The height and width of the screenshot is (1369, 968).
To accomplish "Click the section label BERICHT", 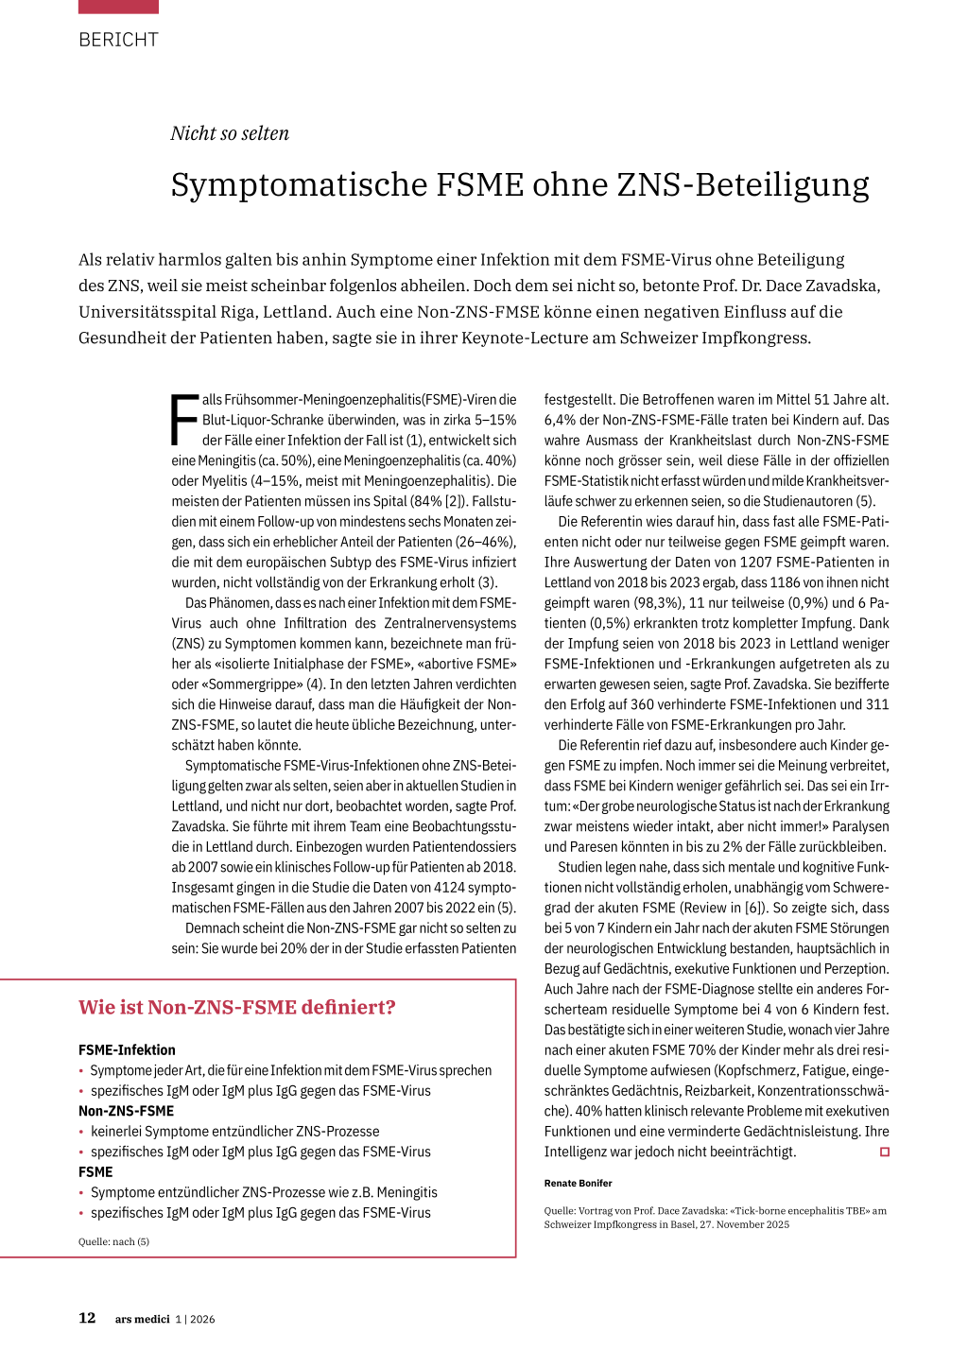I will (118, 40).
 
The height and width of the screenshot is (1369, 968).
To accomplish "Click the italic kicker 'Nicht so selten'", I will (230, 133).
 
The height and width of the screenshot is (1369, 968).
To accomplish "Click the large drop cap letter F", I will (184, 420).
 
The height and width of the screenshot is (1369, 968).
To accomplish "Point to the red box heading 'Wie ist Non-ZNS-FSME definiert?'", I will (236, 1007).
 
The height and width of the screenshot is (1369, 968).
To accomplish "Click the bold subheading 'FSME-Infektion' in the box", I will (127, 1049).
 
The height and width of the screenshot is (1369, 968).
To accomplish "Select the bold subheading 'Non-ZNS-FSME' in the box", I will (126, 1111).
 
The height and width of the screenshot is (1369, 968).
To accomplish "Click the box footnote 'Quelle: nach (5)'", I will (113, 1241).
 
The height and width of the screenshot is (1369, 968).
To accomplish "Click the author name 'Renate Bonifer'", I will (578, 1183).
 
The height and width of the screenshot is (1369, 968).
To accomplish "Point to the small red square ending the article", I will (885, 1152).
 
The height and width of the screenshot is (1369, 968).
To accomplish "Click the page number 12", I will (87, 1318).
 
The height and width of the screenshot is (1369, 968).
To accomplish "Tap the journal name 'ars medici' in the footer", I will (143, 1319).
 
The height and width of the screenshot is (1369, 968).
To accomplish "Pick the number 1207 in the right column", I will (755, 562).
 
